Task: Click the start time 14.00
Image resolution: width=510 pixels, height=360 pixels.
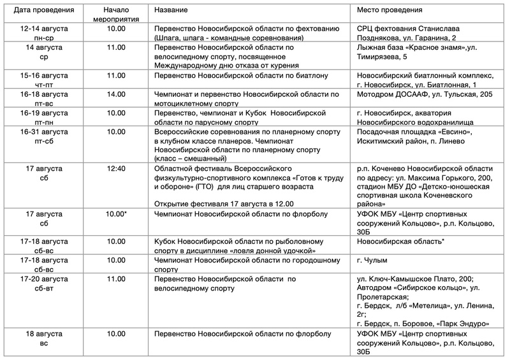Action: pos(116,94)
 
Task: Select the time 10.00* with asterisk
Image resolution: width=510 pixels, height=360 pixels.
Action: pos(117,213)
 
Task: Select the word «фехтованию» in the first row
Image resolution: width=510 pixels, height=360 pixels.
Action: pos(313,29)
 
